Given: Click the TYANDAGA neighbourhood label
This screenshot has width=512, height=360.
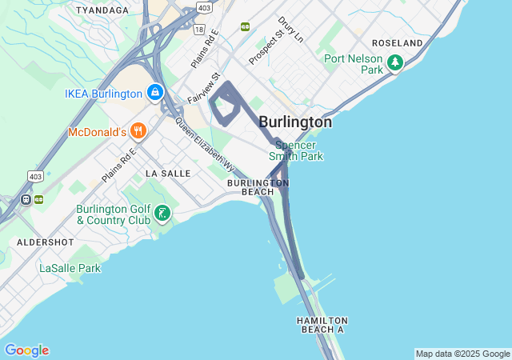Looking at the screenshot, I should click(x=102, y=10).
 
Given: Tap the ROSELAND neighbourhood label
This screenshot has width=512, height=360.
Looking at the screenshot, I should click(x=398, y=42).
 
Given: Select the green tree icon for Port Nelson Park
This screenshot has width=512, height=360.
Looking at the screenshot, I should click(x=394, y=62).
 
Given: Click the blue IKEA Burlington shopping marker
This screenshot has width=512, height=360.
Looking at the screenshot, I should click(x=154, y=93).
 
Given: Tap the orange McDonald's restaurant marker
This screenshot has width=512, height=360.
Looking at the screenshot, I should click(x=138, y=130).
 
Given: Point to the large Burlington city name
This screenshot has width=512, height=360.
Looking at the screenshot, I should click(x=295, y=122).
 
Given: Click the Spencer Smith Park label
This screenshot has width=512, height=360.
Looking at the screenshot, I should click(x=299, y=150).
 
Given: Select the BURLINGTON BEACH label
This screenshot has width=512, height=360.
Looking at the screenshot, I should click(x=258, y=187).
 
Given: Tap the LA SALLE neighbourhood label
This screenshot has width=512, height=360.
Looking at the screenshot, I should click(x=168, y=173).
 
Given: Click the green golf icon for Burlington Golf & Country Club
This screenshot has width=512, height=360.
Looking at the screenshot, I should click(x=162, y=213).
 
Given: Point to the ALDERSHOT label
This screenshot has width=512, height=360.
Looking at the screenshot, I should click(x=46, y=242).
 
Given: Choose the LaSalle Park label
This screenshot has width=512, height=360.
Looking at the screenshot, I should click(x=70, y=268).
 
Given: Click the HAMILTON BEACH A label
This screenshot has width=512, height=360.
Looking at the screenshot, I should click(x=322, y=325).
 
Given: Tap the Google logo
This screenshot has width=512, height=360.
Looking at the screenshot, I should click(x=26, y=350).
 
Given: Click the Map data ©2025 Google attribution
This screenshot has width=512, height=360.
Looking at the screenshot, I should click(x=462, y=354).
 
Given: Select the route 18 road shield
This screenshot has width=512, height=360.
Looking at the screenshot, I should click(x=198, y=30).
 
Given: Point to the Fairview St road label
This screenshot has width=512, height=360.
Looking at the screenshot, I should click(x=203, y=89).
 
